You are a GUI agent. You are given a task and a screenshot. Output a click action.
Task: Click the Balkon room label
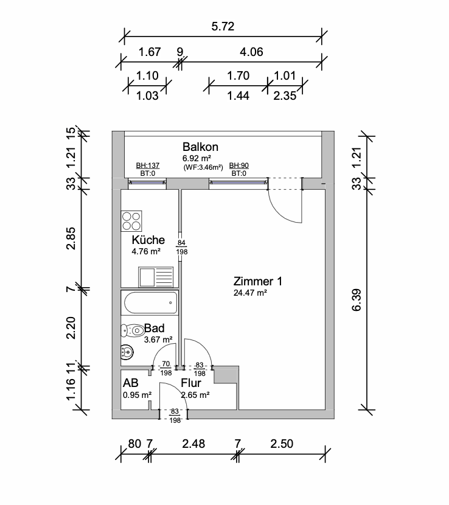point(200,147)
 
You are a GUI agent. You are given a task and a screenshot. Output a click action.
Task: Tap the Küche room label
point(148,240)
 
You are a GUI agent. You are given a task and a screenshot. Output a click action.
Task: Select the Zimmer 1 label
point(258,281)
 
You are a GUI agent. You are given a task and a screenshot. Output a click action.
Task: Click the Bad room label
point(155,328)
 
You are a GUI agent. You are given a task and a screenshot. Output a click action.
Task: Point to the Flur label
point(190,383)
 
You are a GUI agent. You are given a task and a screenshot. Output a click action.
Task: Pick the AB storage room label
point(130,383)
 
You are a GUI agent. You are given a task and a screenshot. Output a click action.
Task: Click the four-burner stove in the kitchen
point(131,221)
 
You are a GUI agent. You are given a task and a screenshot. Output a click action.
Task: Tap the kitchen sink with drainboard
point(156,277)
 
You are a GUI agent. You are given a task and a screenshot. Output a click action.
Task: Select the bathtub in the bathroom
point(150,303)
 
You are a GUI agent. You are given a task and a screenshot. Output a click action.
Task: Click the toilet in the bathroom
point(133,330)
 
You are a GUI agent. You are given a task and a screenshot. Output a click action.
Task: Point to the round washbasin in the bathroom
point(127,352)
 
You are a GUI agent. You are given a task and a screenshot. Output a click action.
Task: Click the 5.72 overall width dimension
point(223,26)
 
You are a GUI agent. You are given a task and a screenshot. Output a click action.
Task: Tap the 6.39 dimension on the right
point(357,300)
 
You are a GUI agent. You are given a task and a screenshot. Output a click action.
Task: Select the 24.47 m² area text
point(250,293)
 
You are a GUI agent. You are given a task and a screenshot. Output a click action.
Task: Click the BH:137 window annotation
point(147,165)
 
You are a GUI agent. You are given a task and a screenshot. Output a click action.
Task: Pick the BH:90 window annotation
point(238,165)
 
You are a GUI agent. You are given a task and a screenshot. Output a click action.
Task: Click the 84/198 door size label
point(182,248)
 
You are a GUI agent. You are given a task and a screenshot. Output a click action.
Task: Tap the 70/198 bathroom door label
point(166,369)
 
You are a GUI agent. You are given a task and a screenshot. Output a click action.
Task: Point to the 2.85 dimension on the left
point(71,239)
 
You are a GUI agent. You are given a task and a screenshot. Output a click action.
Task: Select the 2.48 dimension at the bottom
point(193,444)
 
